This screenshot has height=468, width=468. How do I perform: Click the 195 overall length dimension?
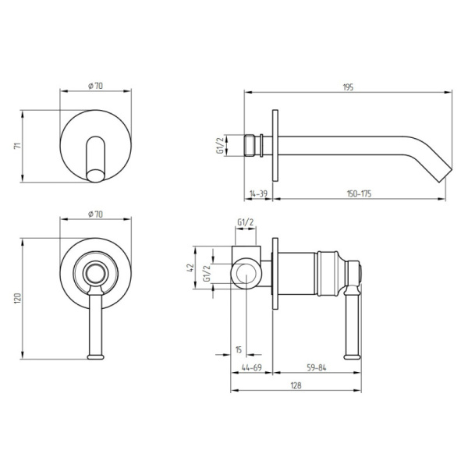(x=348, y=87)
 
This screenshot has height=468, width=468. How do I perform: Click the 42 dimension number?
(x=191, y=268)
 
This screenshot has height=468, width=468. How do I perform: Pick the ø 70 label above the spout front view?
(x=97, y=85)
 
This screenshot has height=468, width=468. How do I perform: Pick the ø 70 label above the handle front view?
(x=97, y=213)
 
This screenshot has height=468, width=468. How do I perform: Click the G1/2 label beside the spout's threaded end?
(x=220, y=146)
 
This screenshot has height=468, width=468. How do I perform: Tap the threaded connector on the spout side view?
(x=252, y=147)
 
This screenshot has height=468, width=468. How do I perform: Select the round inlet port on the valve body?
(x=246, y=274)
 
